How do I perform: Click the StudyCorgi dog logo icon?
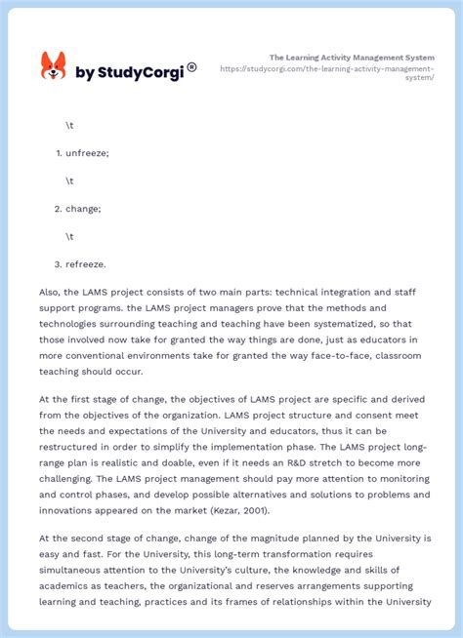coord(53,66)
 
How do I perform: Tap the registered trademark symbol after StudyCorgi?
coord(191,67)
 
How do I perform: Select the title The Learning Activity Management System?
coord(352,58)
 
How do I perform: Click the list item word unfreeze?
coord(87,153)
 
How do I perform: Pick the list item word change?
coord(83,208)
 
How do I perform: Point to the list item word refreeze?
coord(86,263)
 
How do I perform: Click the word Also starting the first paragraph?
coord(51,291)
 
